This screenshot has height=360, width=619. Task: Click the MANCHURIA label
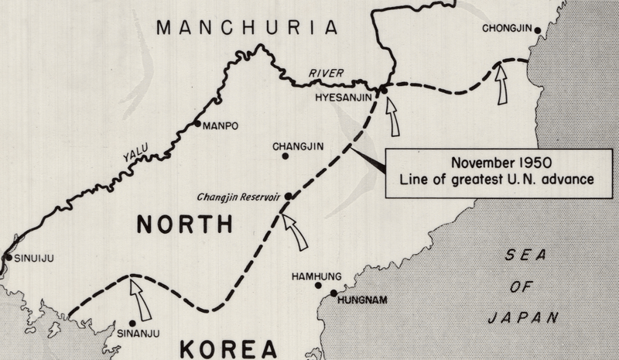pos(248,28)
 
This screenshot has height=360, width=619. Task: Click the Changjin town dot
pos(286,156)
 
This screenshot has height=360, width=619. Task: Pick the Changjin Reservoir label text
pos(240,197)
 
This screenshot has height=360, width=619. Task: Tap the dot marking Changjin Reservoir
pos(288,197)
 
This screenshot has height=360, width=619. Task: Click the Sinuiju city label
pos(36,259)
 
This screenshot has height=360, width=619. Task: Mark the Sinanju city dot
pos(132,323)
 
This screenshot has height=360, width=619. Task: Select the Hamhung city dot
pos(318,285)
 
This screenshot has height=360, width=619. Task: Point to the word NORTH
pos(184,225)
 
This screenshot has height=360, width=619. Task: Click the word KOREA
pos(228,348)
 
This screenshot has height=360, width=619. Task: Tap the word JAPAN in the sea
pos(524,317)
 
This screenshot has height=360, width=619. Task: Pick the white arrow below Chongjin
pos(501,84)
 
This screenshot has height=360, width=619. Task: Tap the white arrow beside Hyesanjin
pos(394,116)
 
